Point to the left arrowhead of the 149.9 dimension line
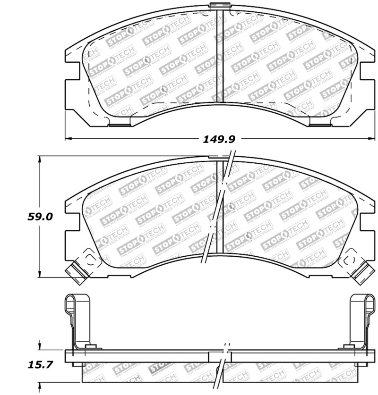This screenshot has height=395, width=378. pyautogui.click(x=68, y=139)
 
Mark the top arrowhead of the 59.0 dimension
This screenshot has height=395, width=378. pyautogui.click(x=41, y=159)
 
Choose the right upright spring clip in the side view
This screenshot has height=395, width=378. pyautogui.click(x=359, y=321)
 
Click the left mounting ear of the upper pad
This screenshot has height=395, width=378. pyautogui.click(x=71, y=90)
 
